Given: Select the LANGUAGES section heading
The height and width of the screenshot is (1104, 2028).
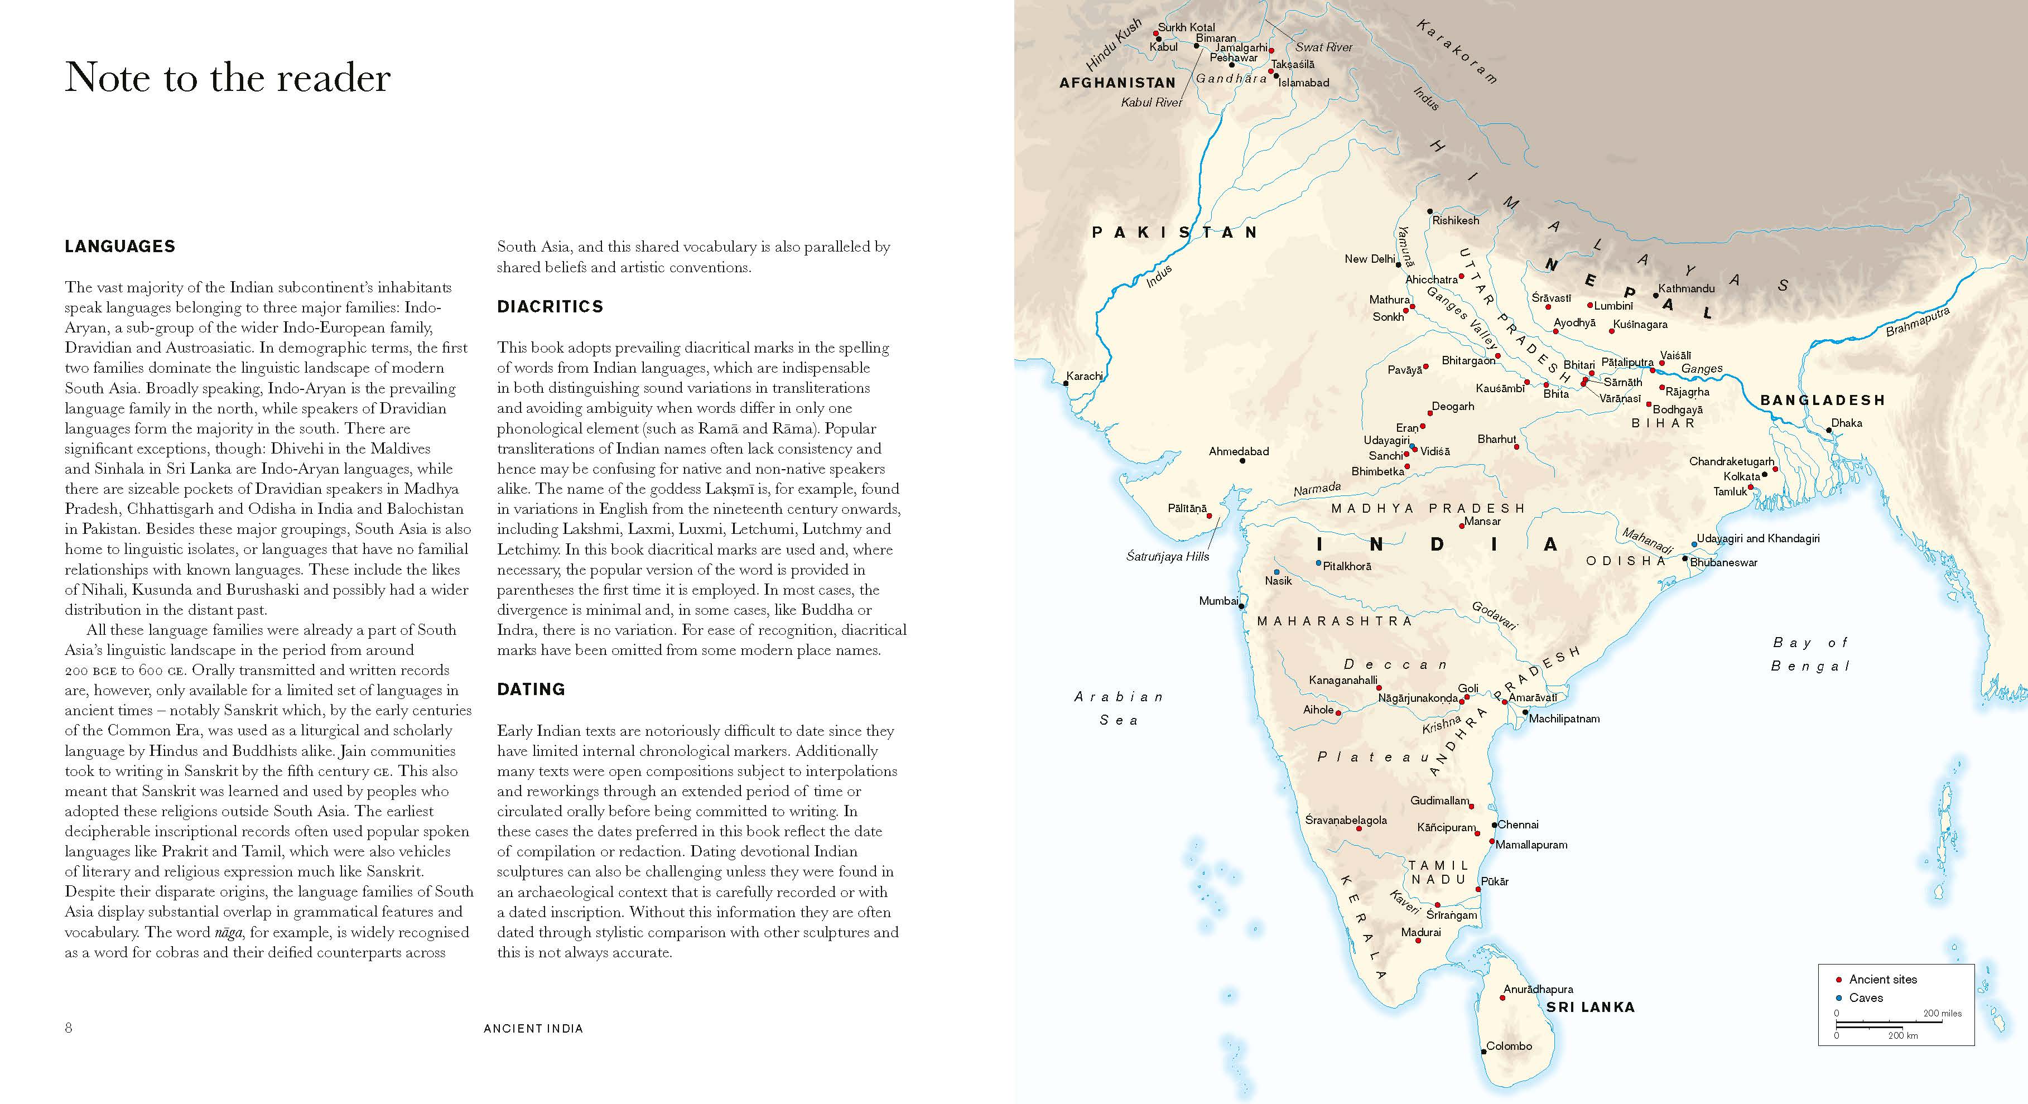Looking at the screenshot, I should click(x=119, y=247).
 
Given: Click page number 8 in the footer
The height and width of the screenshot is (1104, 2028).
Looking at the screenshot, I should click(x=69, y=1028).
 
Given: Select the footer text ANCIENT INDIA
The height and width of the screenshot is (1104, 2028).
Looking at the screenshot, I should click(x=533, y=1028).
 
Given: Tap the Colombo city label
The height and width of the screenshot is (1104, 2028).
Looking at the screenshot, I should click(x=1509, y=1047).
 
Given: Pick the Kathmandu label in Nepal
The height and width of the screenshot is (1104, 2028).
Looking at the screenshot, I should click(x=1687, y=289).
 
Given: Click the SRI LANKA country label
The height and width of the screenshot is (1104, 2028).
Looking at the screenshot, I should click(x=1590, y=1007).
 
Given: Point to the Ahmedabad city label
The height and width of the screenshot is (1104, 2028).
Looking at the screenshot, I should click(x=1239, y=452).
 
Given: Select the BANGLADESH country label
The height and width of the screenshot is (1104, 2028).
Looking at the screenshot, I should click(x=1823, y=401).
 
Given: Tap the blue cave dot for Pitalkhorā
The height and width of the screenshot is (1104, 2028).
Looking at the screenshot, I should click(x=1319, y=563).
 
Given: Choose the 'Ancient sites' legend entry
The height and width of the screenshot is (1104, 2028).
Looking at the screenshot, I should click(x=1882, y=980).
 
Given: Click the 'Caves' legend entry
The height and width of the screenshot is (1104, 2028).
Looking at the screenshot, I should click(x=1866, y=997).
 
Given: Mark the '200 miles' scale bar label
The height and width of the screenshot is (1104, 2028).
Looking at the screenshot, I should click(x=1942, y=1014).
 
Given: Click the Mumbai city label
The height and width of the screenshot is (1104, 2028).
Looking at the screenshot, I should click(x=1218, y=601).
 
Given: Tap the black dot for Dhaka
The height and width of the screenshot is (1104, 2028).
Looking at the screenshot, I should click(x=1828, y=430).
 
